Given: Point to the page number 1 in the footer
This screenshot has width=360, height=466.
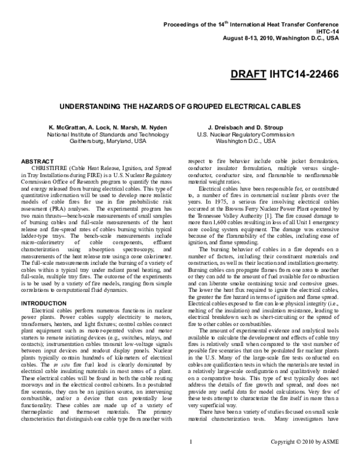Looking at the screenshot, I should [x=190, y=459].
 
